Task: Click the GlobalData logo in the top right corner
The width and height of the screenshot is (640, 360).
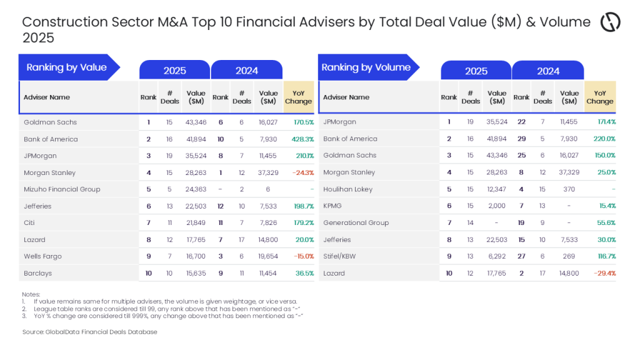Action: pyautogui.click(x=610, y=22)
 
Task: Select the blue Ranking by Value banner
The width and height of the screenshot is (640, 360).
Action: pyautogui.click(x=67, y=67)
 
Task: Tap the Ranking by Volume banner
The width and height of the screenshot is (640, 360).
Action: pyautogui.click(x=366, y=67)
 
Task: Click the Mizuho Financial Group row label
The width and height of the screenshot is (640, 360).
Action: pyautogui.click(x=62, y=189)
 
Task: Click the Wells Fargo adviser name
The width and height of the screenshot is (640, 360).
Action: pyautogui.click(x=42, y=256)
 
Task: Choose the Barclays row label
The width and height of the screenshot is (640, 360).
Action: pyautogui.click(x=38, y=273)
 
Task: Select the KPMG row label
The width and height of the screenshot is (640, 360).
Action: pyautogui.click(x=332, y=206)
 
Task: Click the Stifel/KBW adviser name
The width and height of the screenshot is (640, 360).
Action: pyautogui.click(x=341, y=256)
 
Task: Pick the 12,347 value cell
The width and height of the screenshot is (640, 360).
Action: pyautogui.click(x=497, y=189)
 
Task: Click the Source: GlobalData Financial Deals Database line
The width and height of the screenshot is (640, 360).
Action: pyautogui.click(x=89, y=332)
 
